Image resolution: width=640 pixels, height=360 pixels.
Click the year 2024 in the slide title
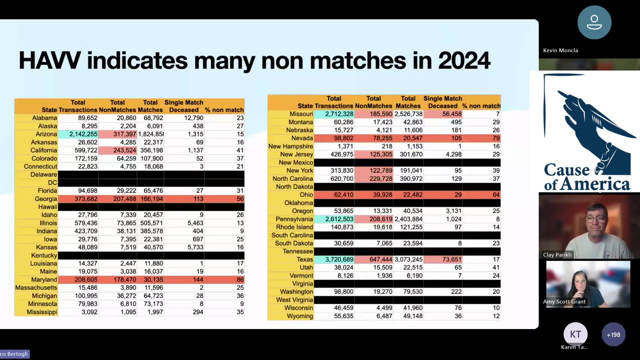coord(463,61)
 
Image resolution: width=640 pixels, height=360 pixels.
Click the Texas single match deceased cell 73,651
coord(442,259)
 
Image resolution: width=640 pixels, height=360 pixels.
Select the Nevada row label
coord(302,138)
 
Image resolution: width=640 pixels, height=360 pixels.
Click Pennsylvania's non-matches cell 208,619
coord(373,219)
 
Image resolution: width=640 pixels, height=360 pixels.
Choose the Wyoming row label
coord(299,316)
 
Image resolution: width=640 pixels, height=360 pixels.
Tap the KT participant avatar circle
coord(575,334)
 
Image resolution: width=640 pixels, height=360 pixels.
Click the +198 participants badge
coord(613,334)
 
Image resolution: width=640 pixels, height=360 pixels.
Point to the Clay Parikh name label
coord(557,254)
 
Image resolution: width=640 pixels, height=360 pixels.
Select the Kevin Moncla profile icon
coord(594,22)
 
